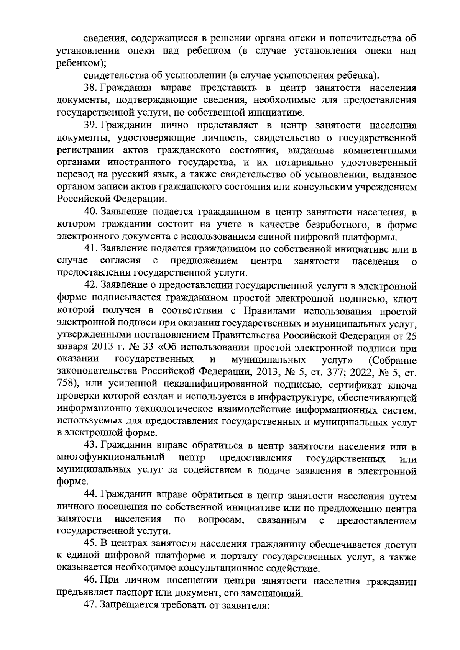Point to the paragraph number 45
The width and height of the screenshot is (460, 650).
click(90, 545)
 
